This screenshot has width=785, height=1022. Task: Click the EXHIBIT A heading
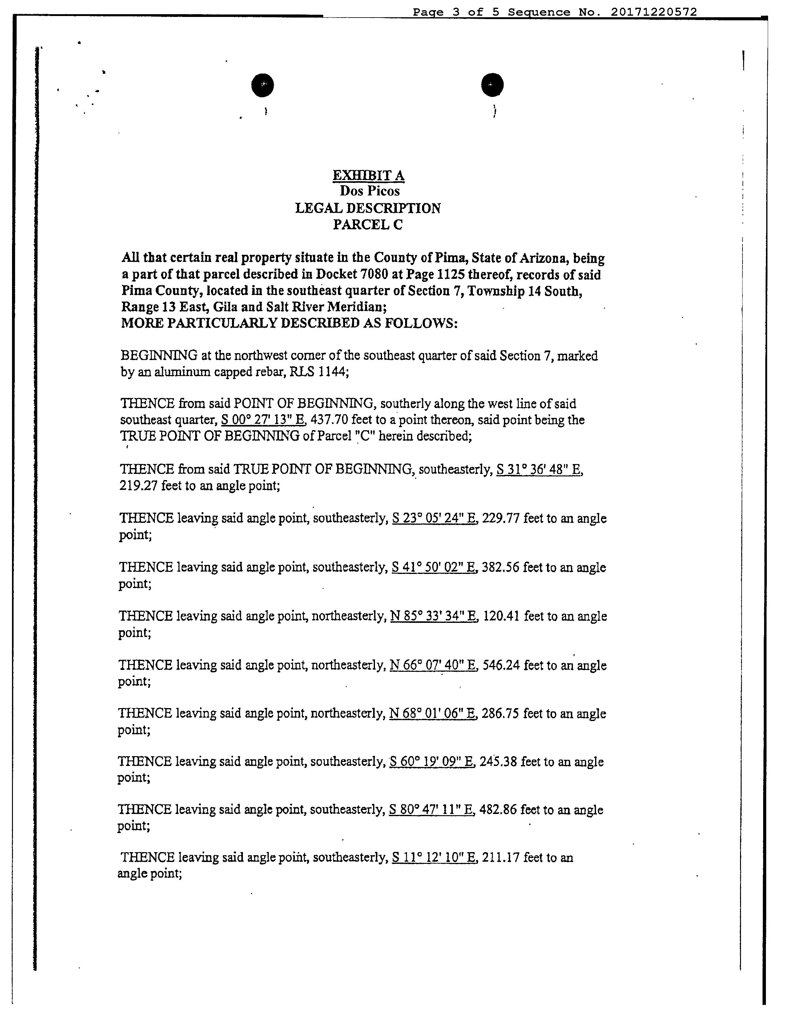click(368, 176)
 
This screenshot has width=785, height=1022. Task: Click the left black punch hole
click(262, 85)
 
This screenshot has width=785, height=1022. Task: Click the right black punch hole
click(492, 85)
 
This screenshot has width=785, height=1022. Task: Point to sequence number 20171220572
click(653, 12)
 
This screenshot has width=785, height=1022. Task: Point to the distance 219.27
click(138, 486)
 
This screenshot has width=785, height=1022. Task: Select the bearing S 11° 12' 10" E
click(434, 858)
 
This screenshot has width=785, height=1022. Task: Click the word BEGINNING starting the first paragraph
click(159, 356)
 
